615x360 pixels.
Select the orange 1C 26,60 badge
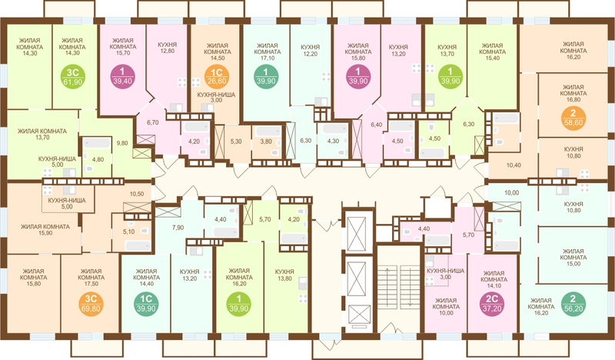[x=217, y=77]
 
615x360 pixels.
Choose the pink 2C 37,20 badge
[x=492, y=304]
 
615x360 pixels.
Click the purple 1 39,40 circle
[x=123, y=77]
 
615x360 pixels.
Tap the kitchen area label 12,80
[x=167, y=51]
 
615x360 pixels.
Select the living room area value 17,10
[x=267, y=58]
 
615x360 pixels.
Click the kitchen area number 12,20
[x=311, y=54]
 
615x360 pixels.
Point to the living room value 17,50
[x=91, y=284]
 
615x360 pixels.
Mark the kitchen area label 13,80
[x=284, y=278]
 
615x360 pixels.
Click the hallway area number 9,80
[x=122, y=143]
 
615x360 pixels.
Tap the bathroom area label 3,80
[x=266, y=142]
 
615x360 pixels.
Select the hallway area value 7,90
[x=178, y=228]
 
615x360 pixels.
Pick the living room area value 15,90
[x=45, y=233]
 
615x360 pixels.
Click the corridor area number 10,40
[x=514, y=165]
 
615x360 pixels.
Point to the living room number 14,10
[x=493, y=286]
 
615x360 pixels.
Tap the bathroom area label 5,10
[x=128, y=232]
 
